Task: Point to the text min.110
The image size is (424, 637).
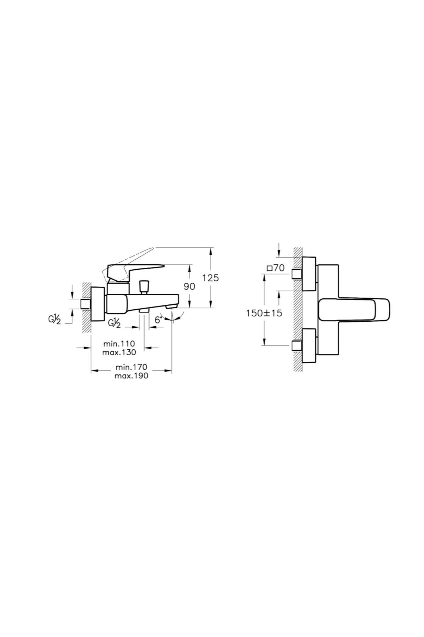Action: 119,344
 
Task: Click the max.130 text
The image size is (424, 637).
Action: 119,352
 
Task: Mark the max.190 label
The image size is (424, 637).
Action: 131,376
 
